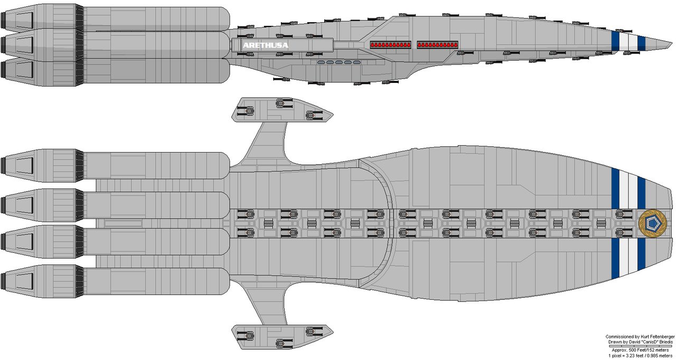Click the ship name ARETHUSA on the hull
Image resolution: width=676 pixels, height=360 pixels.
(x=266, y=45)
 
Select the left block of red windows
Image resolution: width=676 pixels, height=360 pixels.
(x=391, y=45)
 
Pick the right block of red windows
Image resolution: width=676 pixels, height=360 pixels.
(x=438, y=45)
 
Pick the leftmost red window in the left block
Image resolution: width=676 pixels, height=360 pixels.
(x=373, y=45)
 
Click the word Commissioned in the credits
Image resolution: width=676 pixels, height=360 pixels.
(x=618, y=337)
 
